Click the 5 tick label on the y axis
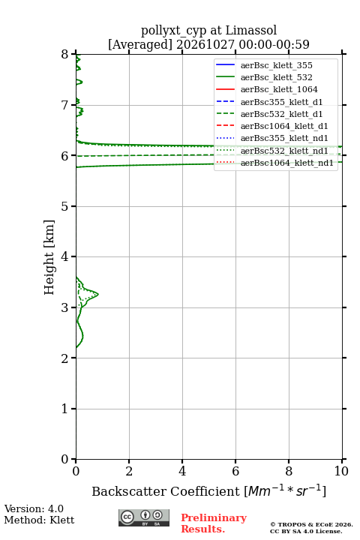[x=65, y=206]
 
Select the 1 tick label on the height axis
[x=65, y=409]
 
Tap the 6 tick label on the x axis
[x=235, y=471]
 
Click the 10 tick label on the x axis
[x=342, y=471]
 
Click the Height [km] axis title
[x=49, y=257]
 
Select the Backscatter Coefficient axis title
[x=208, y=490]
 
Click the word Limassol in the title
[x=251, y=30]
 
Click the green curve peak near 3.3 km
[x=98, y=294]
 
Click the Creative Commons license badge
[x=144, y=517]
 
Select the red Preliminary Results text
[x=214, y=523]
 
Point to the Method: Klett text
[x=39, y=520]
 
